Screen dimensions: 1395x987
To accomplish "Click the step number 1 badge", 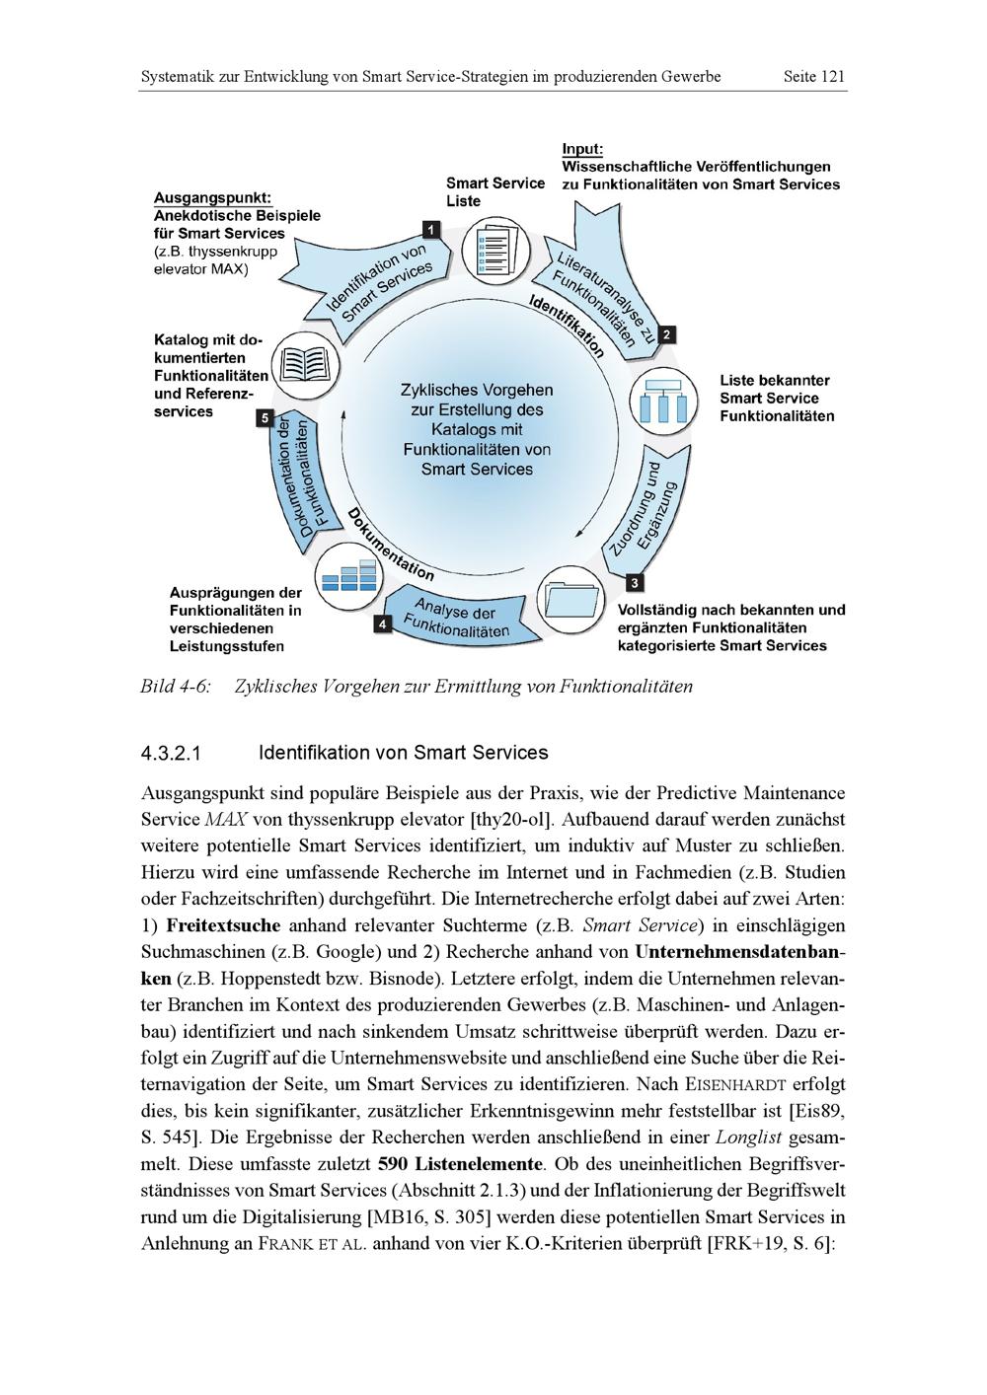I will [x=430, y=230].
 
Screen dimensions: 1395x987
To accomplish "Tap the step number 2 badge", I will [x=667, y=334].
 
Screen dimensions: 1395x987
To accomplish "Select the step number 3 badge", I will [x=634, y=583].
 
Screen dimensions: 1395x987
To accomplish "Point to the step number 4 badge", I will [x=382, y=624].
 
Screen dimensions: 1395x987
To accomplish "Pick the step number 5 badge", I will [x=264, y=418].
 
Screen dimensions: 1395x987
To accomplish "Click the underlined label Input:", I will [x=582, y=149].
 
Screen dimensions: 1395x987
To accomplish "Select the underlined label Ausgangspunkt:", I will [x=212, y=197].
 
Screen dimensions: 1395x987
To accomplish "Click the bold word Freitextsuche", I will [x=223, y=926].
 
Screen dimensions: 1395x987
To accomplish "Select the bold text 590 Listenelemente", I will [x=465, y=1164].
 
